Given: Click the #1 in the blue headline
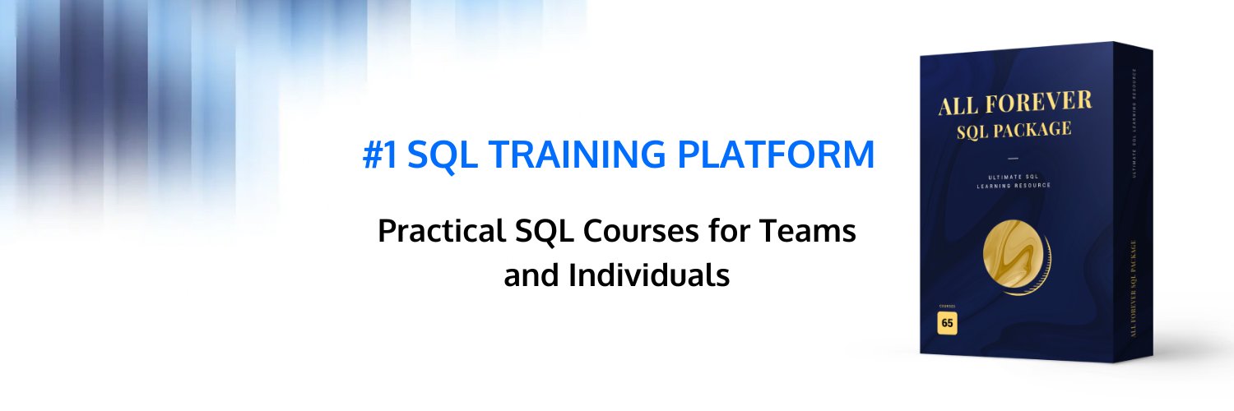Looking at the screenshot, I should pyautogui.click(x=379, y=155).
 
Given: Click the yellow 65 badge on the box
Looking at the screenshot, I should pyautogui.click(x=947, y=323).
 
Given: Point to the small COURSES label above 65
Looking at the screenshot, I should pyautogui.click(x=947, y=306).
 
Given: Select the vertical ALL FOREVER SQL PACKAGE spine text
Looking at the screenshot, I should pyautogui.click(x=1134, y=288).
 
